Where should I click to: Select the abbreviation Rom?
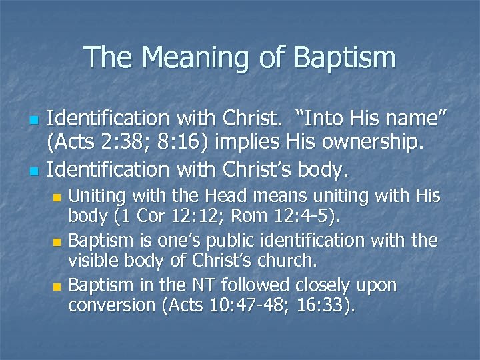tap(261, 216)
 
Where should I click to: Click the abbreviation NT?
tap(190, 285)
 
